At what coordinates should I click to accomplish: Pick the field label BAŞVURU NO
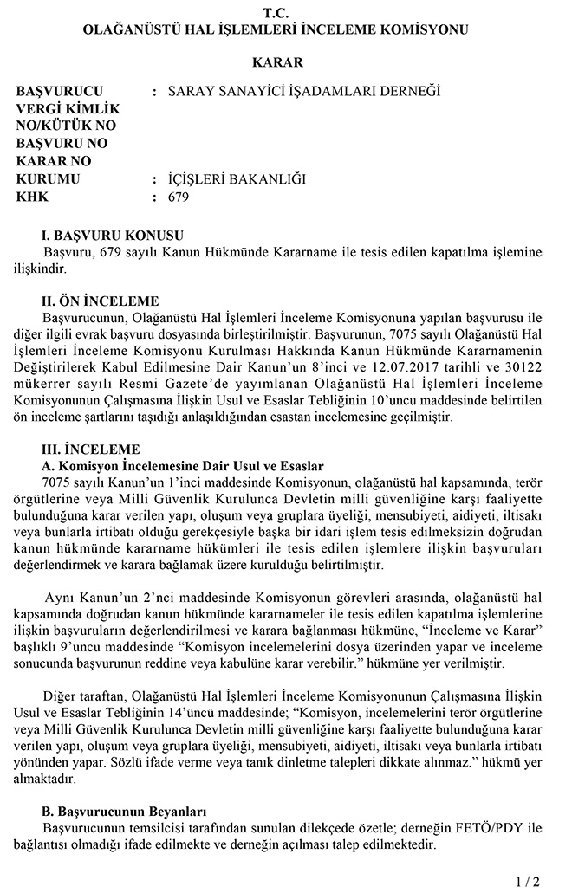pyautogui.click(x=62, y=143)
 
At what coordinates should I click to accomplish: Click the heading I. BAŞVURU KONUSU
pyautogui.click(x=113, y=236)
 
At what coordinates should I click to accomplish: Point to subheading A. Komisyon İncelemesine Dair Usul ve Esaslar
pyautogui.click(x=182, y=466)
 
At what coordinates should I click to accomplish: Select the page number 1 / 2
pyautogui.click(x=527, y=881)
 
